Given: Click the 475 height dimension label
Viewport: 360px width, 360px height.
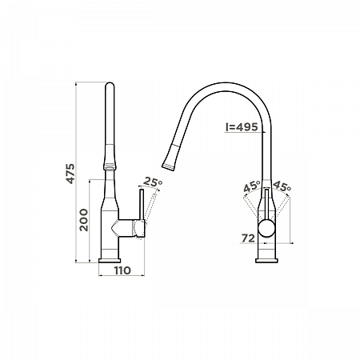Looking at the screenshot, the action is tap(70, 174).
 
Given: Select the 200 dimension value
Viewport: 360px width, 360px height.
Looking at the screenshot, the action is tap(83, 220).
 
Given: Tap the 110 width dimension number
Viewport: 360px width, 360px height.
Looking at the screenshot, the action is tap(122, 270).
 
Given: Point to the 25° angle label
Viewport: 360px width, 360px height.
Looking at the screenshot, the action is tap(153, 182).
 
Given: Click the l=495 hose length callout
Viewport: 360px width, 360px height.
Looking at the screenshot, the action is tap(242, 127).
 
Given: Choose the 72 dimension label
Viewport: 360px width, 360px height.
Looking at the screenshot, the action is tap(248, 238).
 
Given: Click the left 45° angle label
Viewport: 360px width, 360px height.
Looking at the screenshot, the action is tap(252, 186).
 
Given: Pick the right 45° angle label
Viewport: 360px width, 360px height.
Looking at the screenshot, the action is tap(282, 186).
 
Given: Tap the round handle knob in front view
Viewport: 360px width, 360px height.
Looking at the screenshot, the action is tap(266, 228).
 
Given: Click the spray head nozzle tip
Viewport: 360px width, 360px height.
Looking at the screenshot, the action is tap(168, 166).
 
